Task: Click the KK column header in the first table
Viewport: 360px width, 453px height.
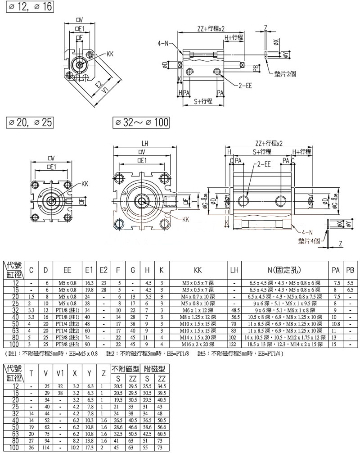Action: [198, 270]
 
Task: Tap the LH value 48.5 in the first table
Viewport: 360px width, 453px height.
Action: [234, 310]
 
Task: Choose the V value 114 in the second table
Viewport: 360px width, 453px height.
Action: [46, 448]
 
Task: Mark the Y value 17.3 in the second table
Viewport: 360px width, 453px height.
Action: [90, 448]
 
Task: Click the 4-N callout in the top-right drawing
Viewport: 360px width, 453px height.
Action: [162, 44]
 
